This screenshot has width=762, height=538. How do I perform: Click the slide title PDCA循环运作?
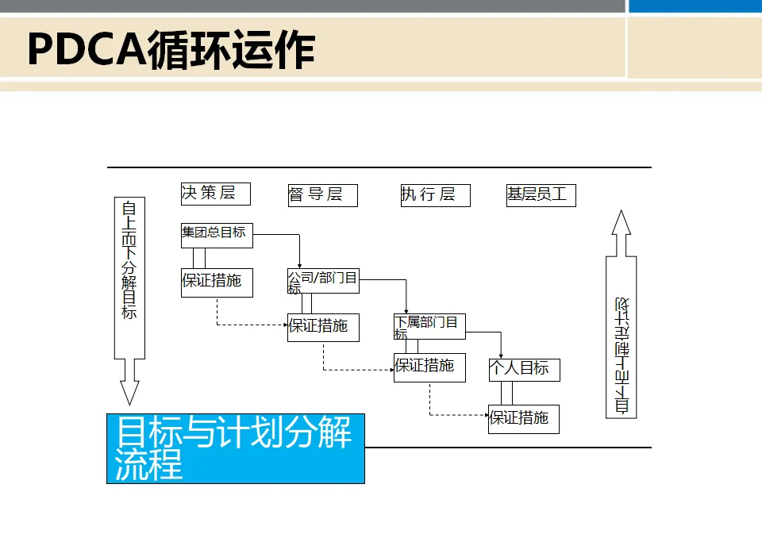click(171, 49)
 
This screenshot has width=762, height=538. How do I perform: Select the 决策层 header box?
click(215, 194)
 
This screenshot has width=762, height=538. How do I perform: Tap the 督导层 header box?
click(322, 195)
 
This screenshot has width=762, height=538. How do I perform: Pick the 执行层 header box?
click(435, 195)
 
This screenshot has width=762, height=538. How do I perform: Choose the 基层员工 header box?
click(541, 195)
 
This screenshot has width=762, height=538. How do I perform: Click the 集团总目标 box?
click(217, 236)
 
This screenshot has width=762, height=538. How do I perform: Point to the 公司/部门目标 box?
click(322, 281)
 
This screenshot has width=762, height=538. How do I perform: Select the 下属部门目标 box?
click(429, 325)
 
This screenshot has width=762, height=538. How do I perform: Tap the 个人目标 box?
click(524, 369)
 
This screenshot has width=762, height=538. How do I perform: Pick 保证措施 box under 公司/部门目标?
click(322, 327)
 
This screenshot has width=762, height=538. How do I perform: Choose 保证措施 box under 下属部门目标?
click(429, 367)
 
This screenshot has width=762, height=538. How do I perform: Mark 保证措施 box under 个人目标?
click(523, 419)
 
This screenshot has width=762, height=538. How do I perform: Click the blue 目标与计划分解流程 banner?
click(235, 448)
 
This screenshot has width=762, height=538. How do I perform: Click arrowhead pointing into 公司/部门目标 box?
click(300, 265)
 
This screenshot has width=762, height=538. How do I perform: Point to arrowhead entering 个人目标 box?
click(501, 355)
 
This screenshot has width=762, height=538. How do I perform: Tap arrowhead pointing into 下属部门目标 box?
click(406, 309)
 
